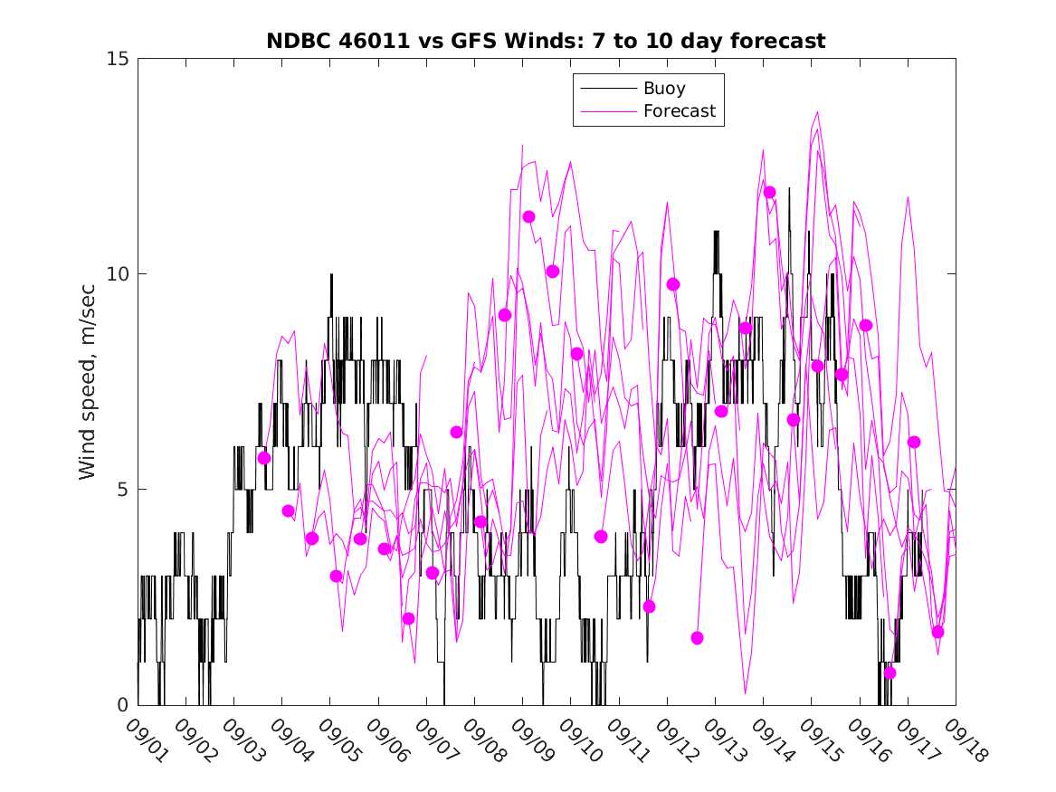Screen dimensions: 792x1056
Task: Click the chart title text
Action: (x=546, y=41)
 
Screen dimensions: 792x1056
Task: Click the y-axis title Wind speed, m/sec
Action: (x=87, y=382)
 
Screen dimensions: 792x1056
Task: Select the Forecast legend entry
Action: (x=679, y=111)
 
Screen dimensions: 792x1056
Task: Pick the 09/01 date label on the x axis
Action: (x=144, y=740)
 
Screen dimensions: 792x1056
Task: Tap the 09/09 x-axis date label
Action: (x=528, y=740)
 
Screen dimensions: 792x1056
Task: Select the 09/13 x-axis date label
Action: (x=720, y=740)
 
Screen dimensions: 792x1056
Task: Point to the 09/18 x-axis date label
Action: (x=961, y=740)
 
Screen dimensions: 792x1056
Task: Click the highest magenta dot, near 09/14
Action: (x=769, y=192)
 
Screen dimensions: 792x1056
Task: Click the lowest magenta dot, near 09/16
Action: (x=890, y=673)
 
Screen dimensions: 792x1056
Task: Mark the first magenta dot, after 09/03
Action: (x=264, y=458)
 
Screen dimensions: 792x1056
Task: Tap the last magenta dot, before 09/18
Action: (x=937, y=632)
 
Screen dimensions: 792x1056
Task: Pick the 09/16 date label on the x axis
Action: (x=865, y=740)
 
